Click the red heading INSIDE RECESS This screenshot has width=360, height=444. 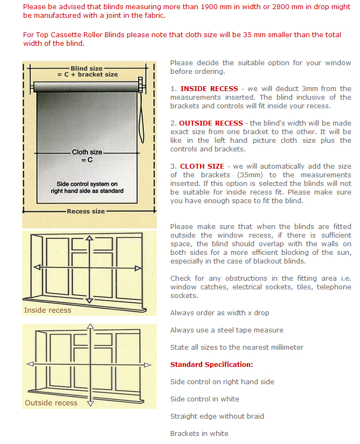click(209, 89)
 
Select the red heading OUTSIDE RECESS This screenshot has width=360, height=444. click(211, 123)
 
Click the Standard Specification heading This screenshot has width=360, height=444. click(211, 365)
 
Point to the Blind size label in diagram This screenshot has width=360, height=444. click(87, 69)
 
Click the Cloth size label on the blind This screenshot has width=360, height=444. click(87, 152)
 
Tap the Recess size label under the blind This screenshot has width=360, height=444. click(86, 211)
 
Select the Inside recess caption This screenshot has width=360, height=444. click(47, 310)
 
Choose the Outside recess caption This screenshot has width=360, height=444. click(51, 403)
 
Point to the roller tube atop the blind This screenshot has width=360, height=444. click(86, 86)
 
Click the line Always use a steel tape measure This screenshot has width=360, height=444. click(226, 330)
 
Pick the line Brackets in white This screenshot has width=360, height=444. click(199, 434)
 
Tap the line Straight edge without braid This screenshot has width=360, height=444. click(217, 417)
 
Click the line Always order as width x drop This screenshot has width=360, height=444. click(219, 313)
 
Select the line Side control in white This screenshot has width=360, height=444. click(204, 399)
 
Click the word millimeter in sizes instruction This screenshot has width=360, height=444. click(283, 348)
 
